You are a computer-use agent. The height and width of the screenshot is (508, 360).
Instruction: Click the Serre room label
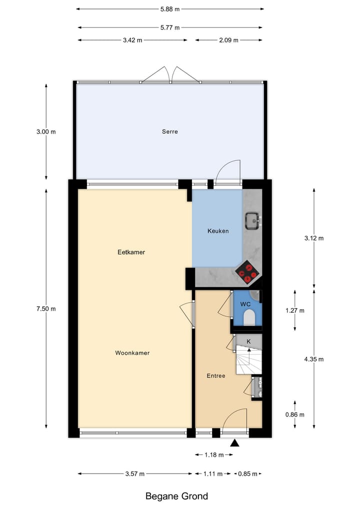[170, 132]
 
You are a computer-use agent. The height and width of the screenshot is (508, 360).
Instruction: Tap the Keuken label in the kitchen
[218, 231]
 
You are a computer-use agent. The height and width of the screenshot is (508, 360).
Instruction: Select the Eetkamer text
[131, 252]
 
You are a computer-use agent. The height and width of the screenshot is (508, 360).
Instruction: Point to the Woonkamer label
[132, 353]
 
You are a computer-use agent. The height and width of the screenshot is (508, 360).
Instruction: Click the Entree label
[216, 376]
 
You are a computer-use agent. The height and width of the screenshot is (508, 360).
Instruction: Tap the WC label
[245, 304]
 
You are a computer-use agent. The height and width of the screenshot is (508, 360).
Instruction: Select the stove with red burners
[247, 273]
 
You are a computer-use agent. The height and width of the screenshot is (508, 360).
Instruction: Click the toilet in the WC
[249, 317]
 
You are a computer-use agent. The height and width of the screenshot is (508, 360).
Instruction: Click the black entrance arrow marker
[235, 443]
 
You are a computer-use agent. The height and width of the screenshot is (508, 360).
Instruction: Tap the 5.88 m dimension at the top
[170, 8]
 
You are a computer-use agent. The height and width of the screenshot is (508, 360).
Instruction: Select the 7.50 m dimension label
[46, 309]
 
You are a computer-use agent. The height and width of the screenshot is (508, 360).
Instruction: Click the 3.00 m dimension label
[46, 132]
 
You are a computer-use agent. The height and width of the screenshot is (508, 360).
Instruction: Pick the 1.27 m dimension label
[294, 310]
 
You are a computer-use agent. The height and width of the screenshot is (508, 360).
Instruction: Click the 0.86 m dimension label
[294, 415]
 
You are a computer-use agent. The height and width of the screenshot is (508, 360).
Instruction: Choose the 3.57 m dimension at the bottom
[135, 474]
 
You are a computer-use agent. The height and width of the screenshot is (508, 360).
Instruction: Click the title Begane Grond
[176, 496]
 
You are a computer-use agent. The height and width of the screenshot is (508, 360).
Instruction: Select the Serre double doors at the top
[171, 75]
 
